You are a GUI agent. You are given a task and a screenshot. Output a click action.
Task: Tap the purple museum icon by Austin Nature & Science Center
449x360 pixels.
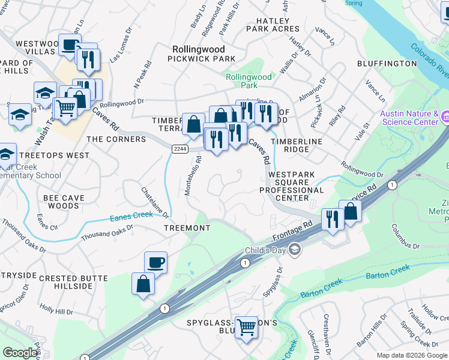click(x=445, y=116)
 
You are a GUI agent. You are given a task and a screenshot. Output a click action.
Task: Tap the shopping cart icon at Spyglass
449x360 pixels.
click(x=246, y=328)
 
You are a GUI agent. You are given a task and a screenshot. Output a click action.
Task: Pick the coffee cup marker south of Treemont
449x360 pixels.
click(x=155, y=262)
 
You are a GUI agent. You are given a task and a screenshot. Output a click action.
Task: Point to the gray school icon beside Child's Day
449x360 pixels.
click(x=295, y=248)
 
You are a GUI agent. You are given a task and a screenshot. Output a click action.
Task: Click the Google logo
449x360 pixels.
click(x=20, y=353)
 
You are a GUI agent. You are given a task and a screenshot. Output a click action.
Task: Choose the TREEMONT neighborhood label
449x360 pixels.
click(x=187, y=228)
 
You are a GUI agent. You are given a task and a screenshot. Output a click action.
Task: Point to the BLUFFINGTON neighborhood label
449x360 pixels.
click(x=387, y=63)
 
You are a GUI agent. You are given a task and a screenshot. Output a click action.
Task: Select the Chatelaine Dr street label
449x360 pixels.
click(x=155, y=202)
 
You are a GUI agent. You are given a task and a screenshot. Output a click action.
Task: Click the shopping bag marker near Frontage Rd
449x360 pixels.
click(x=350, y=211)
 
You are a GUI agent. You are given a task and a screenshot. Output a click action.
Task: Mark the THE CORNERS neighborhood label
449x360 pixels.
click(x=116, y=139)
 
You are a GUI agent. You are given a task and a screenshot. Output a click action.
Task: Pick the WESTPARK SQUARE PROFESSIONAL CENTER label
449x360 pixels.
click(x=292, y=186)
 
